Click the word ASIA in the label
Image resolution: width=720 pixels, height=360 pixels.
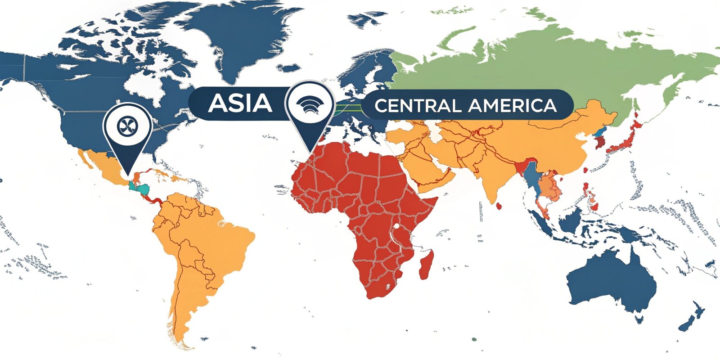pos(240,103)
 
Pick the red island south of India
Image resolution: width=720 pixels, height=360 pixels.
pos(499,206)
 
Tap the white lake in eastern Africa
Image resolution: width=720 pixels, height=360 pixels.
pos(396,226)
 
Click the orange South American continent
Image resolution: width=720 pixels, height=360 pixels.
pos(202,238)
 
